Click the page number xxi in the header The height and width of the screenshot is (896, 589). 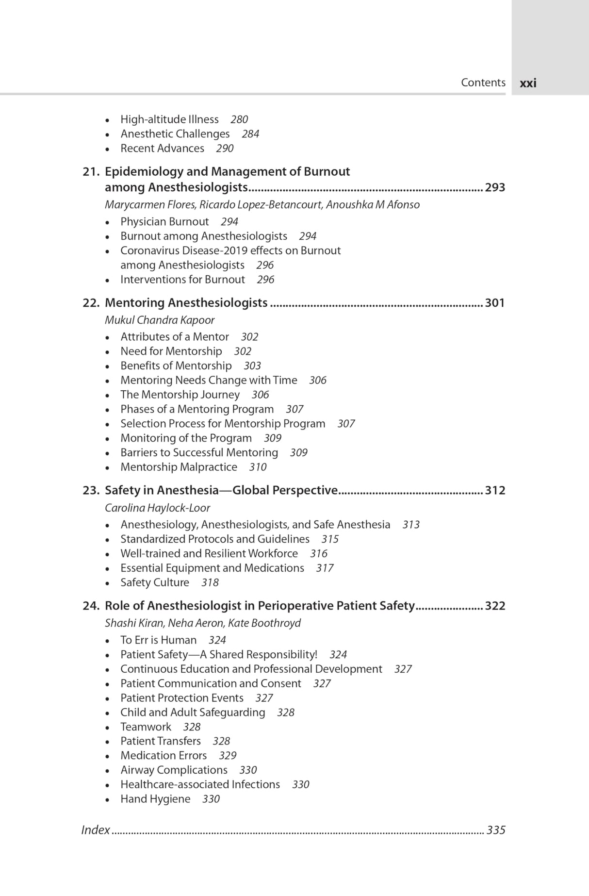(x=528, y=83)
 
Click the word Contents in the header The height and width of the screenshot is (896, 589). (x=483, y=83)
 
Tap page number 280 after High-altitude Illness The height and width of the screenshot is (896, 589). (x=239, y=119)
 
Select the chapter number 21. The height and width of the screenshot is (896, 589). (x=91, y=172)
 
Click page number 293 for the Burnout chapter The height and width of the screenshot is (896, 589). (x=495, y=187)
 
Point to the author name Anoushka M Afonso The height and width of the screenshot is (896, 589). (x=373, y=205)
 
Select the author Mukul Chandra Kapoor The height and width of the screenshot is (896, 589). (x=160, y=320)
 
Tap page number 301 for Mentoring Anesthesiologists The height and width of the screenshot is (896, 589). (x=495, y=303)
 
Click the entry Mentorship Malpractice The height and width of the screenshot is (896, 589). (x=179, y=467)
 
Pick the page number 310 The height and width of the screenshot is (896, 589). (x=258, y=467)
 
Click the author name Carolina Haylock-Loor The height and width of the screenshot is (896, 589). (x=157, y=508)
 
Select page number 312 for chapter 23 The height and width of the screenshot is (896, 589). (x=495, y=491)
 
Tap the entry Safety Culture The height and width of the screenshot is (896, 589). (x=155, y=583)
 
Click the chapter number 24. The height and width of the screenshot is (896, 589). (x=91, y=606)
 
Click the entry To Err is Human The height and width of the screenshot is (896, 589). (x=158, y=641)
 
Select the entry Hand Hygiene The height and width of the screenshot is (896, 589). (x=155, y=799)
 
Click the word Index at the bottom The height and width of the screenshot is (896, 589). (x=96, y=830)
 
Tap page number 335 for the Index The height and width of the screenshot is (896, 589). (x=496, y=830)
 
